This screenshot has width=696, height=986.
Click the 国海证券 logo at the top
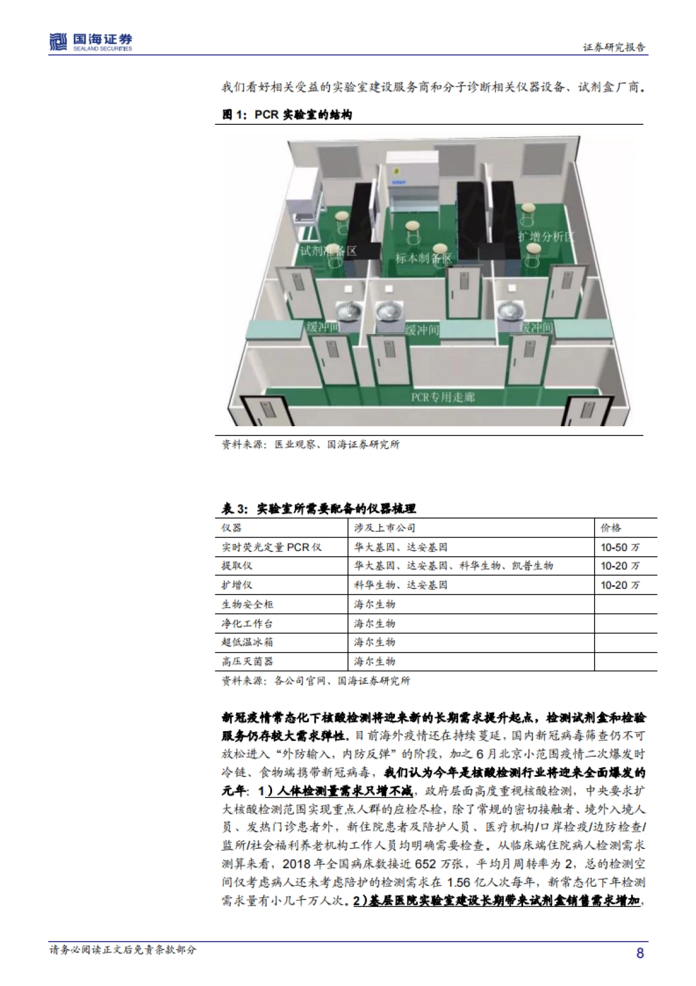pos(90,42)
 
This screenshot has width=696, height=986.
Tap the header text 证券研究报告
pos(614,47)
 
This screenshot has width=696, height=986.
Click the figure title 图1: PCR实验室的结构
pos(287,115)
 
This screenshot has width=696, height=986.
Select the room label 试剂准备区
pos(328,251)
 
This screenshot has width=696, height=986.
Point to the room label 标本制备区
pos(423,258)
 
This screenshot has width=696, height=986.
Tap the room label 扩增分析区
pos(546,236)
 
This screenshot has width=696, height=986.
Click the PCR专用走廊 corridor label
pos(443,398)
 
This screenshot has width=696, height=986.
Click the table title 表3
pos(319,509)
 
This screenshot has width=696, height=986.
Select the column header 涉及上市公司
pos(385,528)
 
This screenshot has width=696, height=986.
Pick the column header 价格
pos(611,528)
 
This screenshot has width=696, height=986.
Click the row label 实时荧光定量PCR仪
pos(271,547)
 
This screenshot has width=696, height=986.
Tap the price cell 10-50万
pos(620,547)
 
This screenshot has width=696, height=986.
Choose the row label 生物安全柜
pos(247,604)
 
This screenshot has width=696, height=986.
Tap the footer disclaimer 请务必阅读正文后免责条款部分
pos(122,951)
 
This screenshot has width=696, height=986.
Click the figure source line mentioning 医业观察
pos(310,445)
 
